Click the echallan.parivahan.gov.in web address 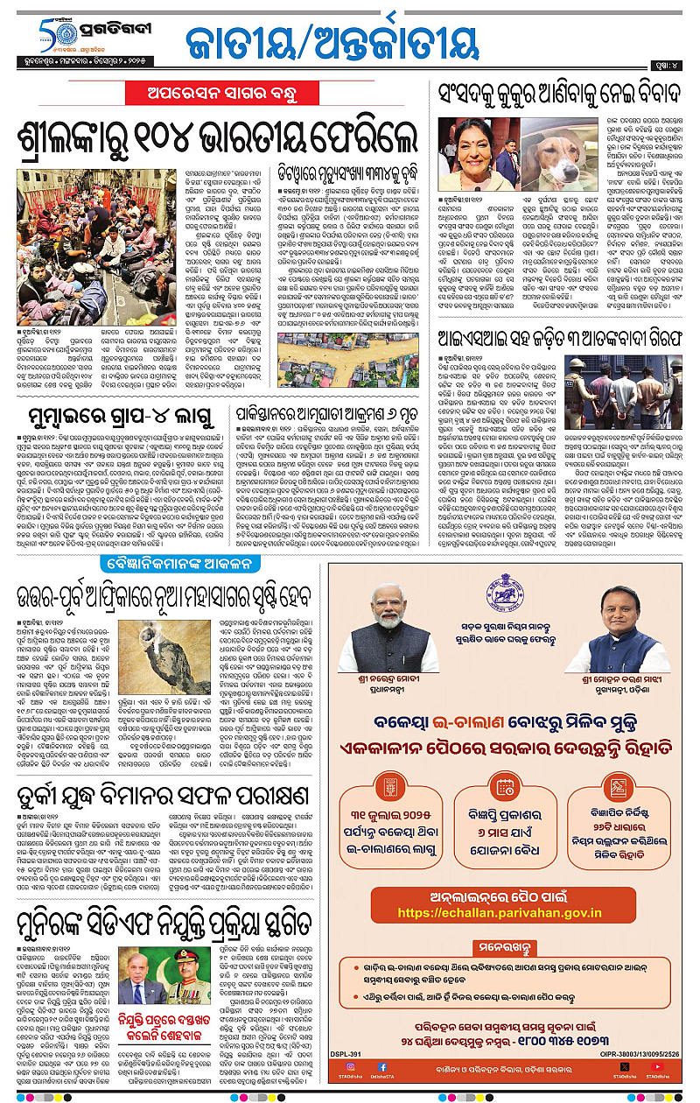coord(500,913)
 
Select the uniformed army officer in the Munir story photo coord(188,978)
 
